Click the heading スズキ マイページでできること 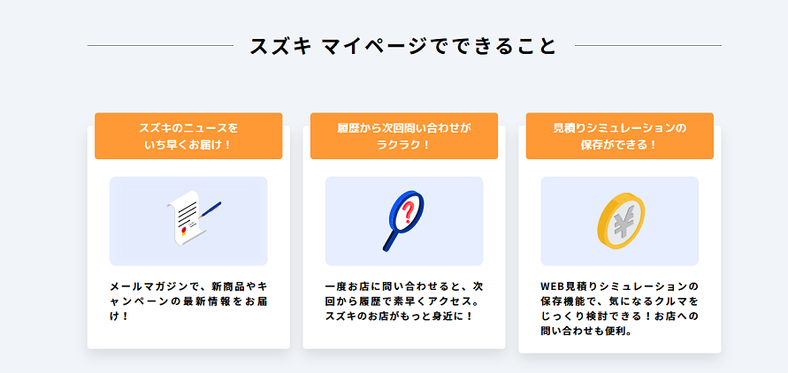[x=403, y=46]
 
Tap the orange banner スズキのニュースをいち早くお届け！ [x=188, y=136]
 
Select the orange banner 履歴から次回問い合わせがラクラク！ [x=404, y=136]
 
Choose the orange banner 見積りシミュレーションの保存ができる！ [x=620, y=136]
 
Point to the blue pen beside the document [x=210, y=209]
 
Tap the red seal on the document [x=184, y=230]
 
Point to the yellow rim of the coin [x=604, y=236]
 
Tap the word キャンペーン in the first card [x=139, y=302]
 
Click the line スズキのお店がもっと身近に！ [x=400, y=317]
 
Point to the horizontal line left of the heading [x=160, y=46]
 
